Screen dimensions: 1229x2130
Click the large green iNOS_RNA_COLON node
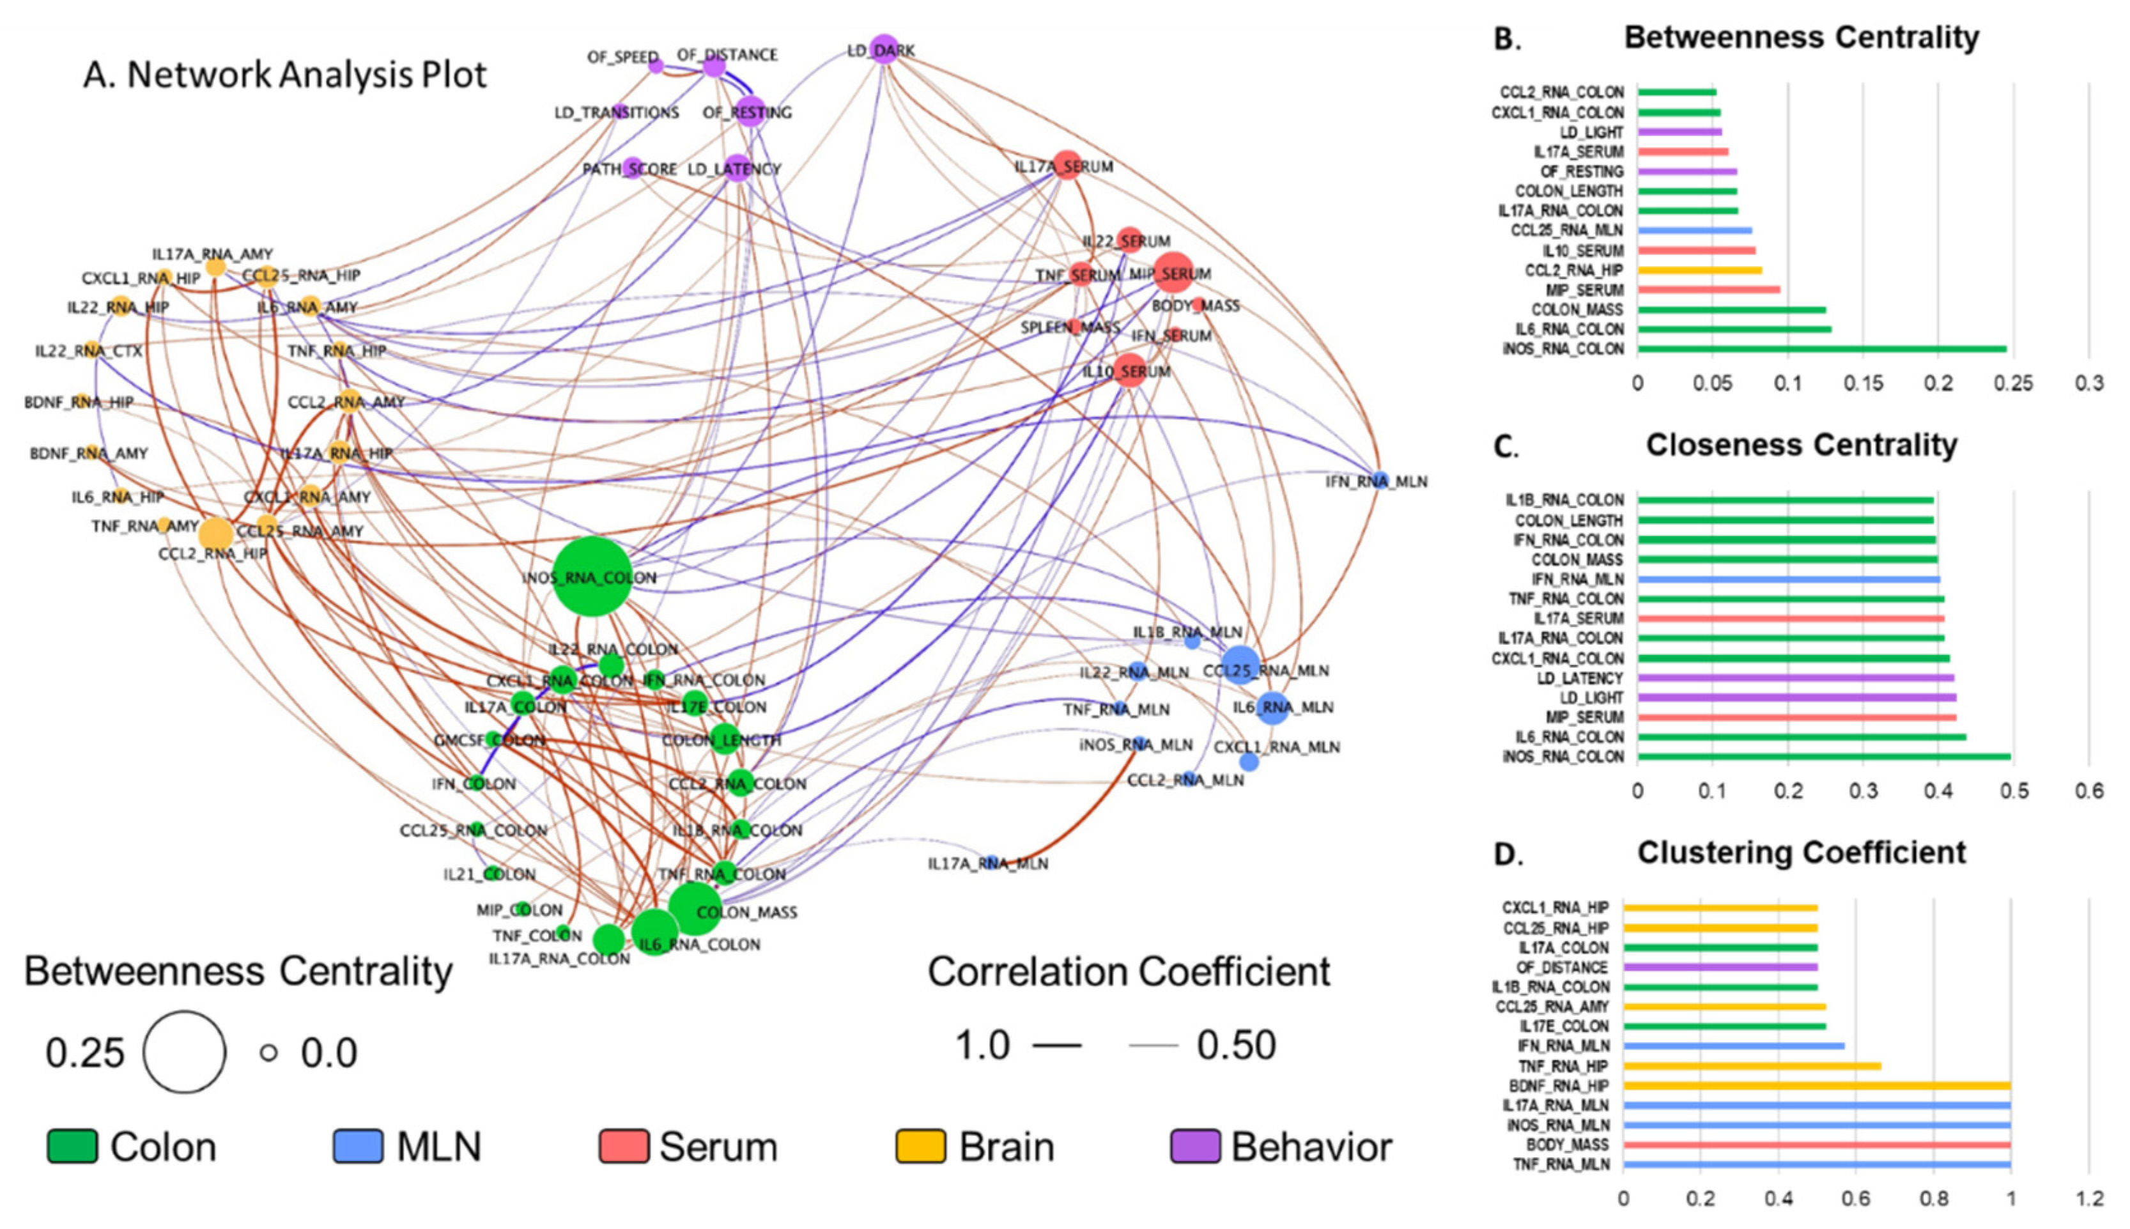[x=592, y=576]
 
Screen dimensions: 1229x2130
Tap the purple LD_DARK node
[x=884, y=49]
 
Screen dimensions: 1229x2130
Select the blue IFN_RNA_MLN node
[x=1379, y=479]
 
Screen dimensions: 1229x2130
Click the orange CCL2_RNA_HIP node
[x=215, y=534]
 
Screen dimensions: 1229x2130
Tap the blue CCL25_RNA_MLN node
[x=1240, y=663]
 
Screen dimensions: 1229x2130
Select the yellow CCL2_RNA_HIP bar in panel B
[x=1699, y=270]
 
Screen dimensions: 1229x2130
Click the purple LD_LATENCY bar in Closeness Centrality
[x=1795, y=678]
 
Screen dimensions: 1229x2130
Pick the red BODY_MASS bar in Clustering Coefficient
[x=1816, y=1145]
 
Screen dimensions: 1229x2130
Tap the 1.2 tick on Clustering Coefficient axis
[x=2088, y=1198]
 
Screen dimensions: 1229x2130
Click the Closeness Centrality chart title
[x=1801, y=445]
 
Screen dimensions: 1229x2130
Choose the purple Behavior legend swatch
[x=1194, y=1147]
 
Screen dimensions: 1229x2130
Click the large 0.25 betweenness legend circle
[x=184, y=1052]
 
